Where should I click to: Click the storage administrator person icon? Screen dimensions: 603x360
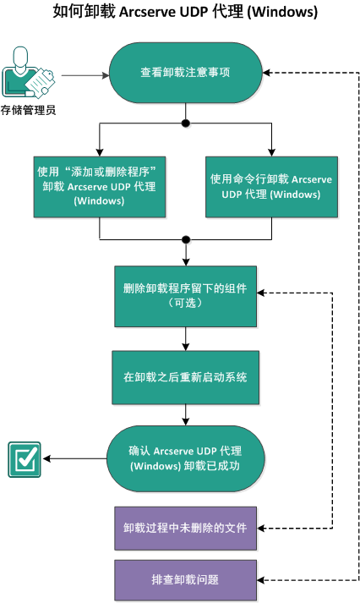point(27,74)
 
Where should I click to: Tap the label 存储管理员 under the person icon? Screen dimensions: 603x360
point(29,109)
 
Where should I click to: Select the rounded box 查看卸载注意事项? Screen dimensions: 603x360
point(185,74)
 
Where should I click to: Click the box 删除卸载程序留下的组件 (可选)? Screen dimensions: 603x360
point(185,295)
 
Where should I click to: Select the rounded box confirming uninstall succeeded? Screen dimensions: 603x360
point(185,458)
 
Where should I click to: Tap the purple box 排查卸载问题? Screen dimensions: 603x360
point(185,579)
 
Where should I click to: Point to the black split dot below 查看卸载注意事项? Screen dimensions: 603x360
point(185,123)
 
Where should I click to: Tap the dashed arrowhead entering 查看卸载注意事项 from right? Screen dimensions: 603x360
point(264,74)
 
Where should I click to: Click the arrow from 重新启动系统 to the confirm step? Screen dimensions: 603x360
point(185,416)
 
